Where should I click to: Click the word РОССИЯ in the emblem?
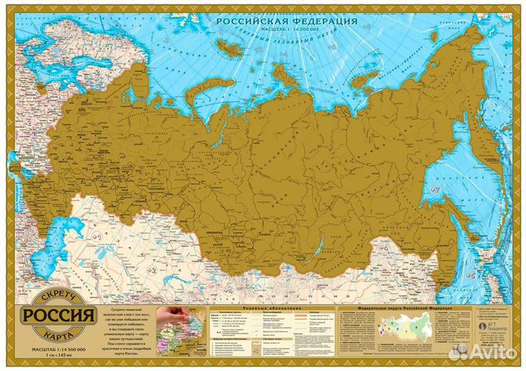click(60, 316)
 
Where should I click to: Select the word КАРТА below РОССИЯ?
click(60, 332)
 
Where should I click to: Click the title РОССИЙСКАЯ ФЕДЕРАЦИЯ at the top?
click(286, 21)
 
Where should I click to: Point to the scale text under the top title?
click(286, 30)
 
